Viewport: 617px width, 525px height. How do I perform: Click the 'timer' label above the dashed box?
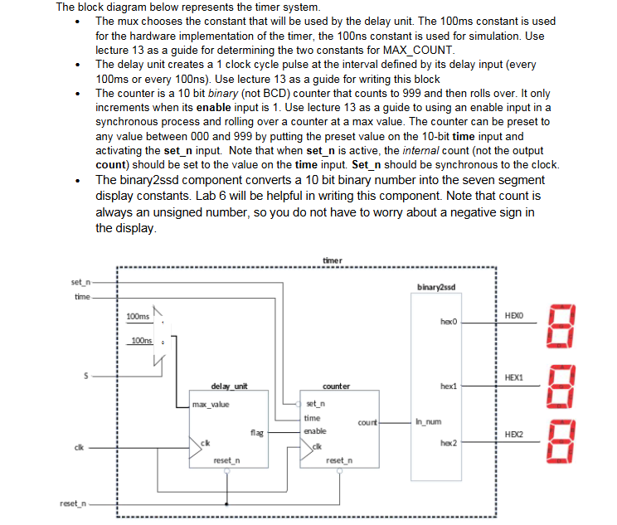coord(332,260)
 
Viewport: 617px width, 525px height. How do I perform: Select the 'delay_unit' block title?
coord(228,386)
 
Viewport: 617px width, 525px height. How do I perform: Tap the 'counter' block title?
coord(336,386)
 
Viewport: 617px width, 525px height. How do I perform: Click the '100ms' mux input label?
coord(138,317)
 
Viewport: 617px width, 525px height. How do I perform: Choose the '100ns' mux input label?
coord(142,341)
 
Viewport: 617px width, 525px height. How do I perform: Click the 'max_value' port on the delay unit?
coord(211,405)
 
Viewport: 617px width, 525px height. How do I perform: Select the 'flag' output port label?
coord(256,431)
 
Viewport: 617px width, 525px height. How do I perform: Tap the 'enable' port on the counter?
coord(315,431)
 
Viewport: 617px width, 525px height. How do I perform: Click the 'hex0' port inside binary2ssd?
coord(449,319)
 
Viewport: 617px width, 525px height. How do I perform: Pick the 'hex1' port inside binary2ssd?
coord(449,386)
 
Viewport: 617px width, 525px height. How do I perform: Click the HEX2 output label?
coord(514,434)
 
